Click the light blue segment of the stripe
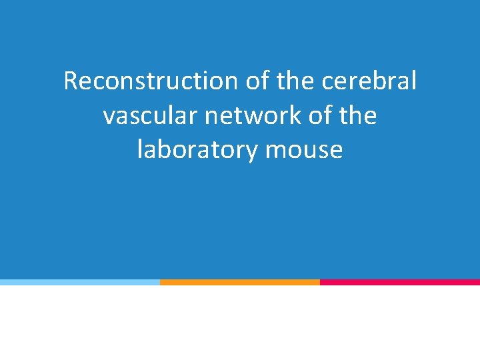80,282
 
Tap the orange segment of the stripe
240,282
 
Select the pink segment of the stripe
400,282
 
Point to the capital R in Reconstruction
71,81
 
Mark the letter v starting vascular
109,117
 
